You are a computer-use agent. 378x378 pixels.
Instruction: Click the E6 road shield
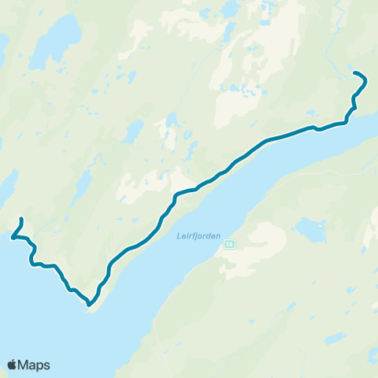pyautogui.click(x=228, y=244)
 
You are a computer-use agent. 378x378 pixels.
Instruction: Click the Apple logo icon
pyautogui.click(x=13, y=365)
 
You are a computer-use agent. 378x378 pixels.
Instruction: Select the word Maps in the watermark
pyautogui.click(x=35, y=365)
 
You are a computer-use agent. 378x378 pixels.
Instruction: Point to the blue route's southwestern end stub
pyautogui.click(x=21, y=219)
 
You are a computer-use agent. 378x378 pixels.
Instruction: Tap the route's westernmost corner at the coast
pyautogui.click(x=13, y=235)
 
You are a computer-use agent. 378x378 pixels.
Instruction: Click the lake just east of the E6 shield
pyautogui.click(x=310, y=231)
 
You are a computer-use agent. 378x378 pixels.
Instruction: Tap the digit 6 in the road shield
pyautogui.click(x=231, y=244)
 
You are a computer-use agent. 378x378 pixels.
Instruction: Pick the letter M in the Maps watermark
pyautogui.click(x=26, y=365)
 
